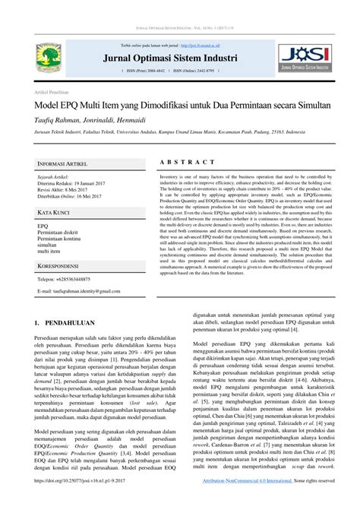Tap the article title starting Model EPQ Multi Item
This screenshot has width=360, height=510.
179,103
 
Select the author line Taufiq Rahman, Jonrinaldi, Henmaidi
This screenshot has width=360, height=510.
94,119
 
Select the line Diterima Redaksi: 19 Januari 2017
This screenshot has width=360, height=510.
74,182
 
